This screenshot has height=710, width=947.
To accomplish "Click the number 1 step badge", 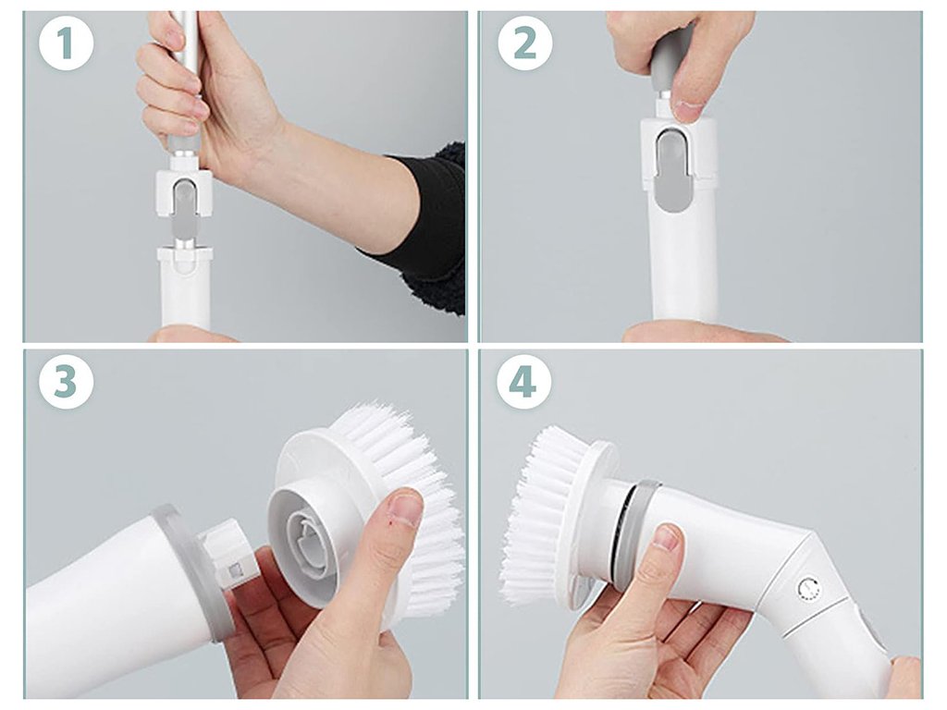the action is point(67,43).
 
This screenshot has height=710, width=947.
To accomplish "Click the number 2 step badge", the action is point(525,43).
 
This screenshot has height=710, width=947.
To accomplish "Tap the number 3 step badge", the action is point(67,382).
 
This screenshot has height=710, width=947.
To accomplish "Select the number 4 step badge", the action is point(523,382).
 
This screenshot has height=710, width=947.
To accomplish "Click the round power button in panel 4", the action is point(808,589).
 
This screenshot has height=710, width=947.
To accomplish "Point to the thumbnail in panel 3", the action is point(406,506).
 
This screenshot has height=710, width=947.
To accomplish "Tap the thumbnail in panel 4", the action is point(667,536).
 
